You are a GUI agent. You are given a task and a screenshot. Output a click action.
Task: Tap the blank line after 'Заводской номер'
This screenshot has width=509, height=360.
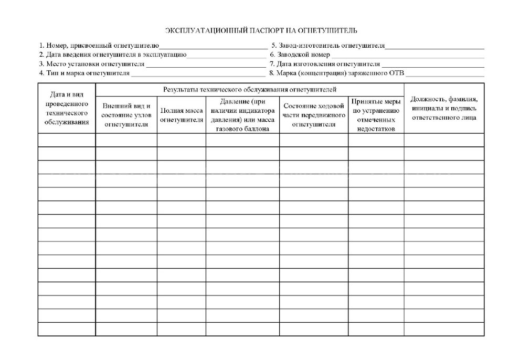tap(407, 55)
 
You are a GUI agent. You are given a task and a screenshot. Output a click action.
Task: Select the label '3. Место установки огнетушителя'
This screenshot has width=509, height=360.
tap(92, 64)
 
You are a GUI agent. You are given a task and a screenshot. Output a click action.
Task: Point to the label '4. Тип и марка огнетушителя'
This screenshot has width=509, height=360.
tap(84, 73)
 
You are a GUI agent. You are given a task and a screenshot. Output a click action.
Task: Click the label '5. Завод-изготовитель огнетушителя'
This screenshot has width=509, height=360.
tap(328, 46)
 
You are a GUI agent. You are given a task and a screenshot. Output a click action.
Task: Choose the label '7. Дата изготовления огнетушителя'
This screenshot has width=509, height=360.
tap(325, 64)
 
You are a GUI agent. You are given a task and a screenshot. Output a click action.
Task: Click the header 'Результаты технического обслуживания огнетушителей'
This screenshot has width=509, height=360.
tap(250, 90)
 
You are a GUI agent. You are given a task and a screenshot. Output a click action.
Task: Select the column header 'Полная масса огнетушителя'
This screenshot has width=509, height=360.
tap(181, 115)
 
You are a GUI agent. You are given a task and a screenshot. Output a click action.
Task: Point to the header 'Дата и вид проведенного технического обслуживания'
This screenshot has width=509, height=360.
tap(67, 108)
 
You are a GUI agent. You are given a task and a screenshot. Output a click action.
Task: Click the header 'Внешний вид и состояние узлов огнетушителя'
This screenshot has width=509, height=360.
tap(126, 115)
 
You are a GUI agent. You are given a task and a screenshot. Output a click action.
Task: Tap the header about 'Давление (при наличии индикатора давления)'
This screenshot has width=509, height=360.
tap(242, 115)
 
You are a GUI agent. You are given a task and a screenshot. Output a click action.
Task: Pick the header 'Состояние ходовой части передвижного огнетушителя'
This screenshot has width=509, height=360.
tap(314, 115)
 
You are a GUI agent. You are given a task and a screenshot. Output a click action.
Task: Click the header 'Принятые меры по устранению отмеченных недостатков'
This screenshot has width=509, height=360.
tap(376, 115)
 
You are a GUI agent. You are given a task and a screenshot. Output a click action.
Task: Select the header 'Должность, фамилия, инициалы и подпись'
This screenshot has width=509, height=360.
tap(444, 108)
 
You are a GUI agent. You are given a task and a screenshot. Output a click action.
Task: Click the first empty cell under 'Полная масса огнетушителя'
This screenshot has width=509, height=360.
tap(181, 140)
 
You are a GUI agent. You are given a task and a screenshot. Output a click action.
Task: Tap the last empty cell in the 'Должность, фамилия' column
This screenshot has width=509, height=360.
tap(444, 329)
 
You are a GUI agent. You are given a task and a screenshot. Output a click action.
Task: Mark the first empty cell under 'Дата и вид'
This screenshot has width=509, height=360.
tap(67, 140)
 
